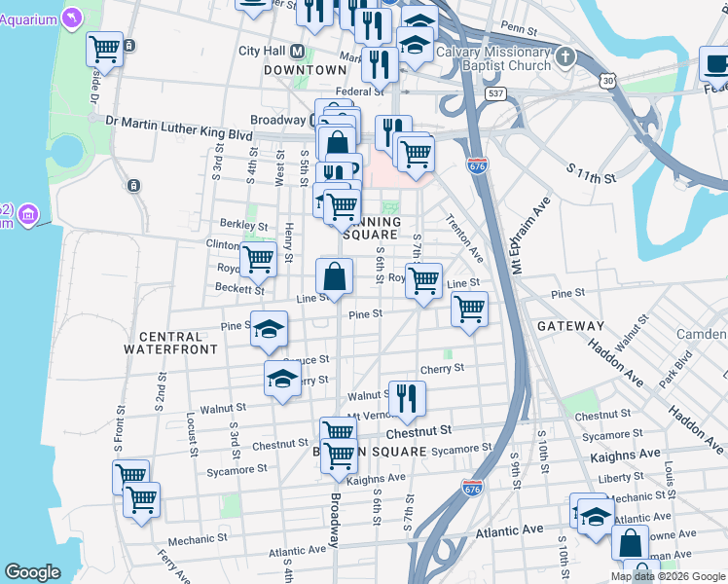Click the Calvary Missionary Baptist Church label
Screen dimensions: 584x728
click(493, 58)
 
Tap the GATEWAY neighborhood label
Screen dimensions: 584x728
click(570, 326)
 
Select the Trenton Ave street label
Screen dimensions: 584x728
click(464, 238)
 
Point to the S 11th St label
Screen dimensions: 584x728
click(592, 174)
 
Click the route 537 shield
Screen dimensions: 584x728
click(497, 93)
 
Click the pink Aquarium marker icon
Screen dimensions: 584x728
click(73, 18)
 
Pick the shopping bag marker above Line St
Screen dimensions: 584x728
click(335, 276)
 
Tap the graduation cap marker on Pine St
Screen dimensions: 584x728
click(270, 329)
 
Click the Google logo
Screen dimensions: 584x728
click(33, 572)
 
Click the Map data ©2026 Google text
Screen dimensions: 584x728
click(669, 576)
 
